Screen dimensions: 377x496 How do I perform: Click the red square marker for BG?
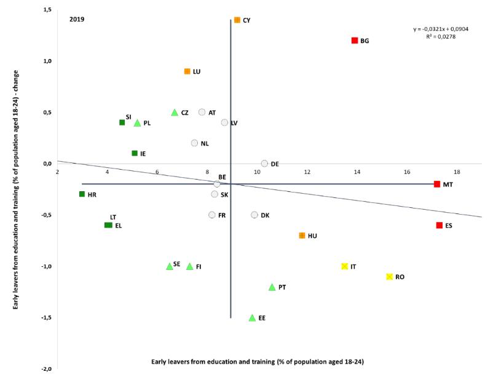point(355,41)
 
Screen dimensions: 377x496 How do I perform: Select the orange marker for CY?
point(237,20)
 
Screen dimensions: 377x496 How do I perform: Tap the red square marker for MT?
point(437,184)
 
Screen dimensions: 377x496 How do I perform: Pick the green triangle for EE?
point(252,318)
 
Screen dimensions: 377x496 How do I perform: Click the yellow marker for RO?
point(390,277)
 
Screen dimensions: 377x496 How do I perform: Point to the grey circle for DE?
point(264,164)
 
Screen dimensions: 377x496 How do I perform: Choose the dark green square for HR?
point(82,194)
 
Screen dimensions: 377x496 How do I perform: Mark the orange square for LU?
point(187,71)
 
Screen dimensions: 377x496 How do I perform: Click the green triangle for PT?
point(272,287)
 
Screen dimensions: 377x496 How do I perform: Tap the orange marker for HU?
point(302,236)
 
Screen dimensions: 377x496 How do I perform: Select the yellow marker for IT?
point(345,266)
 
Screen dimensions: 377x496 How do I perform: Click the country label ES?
point(449,226)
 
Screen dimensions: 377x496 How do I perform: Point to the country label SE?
point(177,264)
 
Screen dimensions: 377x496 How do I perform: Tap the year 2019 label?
point(77,19)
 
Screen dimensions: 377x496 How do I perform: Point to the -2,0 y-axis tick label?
point(46,369)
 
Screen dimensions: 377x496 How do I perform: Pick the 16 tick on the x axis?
point(407,172)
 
